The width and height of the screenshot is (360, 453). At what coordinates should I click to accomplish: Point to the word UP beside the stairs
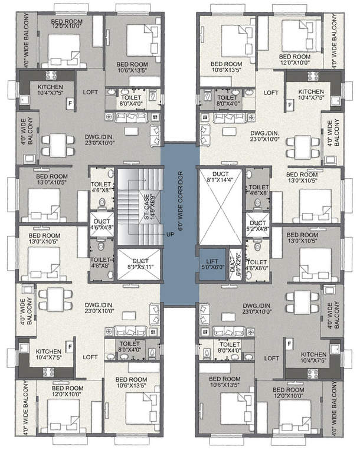pyautogui.click(x=170, y=234)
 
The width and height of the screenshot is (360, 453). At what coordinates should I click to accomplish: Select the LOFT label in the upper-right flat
pyautogui.click(x=271, y=93)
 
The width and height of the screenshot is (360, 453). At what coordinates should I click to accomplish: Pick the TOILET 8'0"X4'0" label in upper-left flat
pyautogui.click(x=133, y=100)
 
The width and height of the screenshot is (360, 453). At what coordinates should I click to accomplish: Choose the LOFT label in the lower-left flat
pyautogui.click(x=90, y=357)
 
